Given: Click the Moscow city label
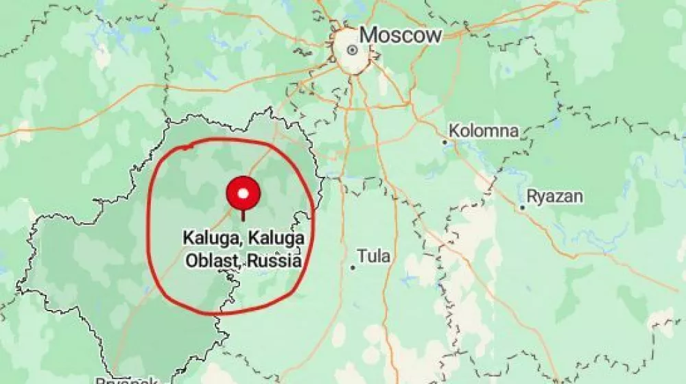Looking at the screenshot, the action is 401,36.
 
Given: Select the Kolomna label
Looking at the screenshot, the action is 484,131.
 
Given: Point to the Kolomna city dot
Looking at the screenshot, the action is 445,143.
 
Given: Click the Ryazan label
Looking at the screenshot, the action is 556,197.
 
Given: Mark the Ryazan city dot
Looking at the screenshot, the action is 522,207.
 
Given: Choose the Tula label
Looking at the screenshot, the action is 374,256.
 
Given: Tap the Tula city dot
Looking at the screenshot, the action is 353,267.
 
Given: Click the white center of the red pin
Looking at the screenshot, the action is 242,193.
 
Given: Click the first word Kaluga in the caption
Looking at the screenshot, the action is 204,239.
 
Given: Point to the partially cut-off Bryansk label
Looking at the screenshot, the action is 127,380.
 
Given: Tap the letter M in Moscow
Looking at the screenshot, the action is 369,36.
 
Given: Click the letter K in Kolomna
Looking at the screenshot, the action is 454,131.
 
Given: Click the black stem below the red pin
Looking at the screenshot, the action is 242,215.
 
